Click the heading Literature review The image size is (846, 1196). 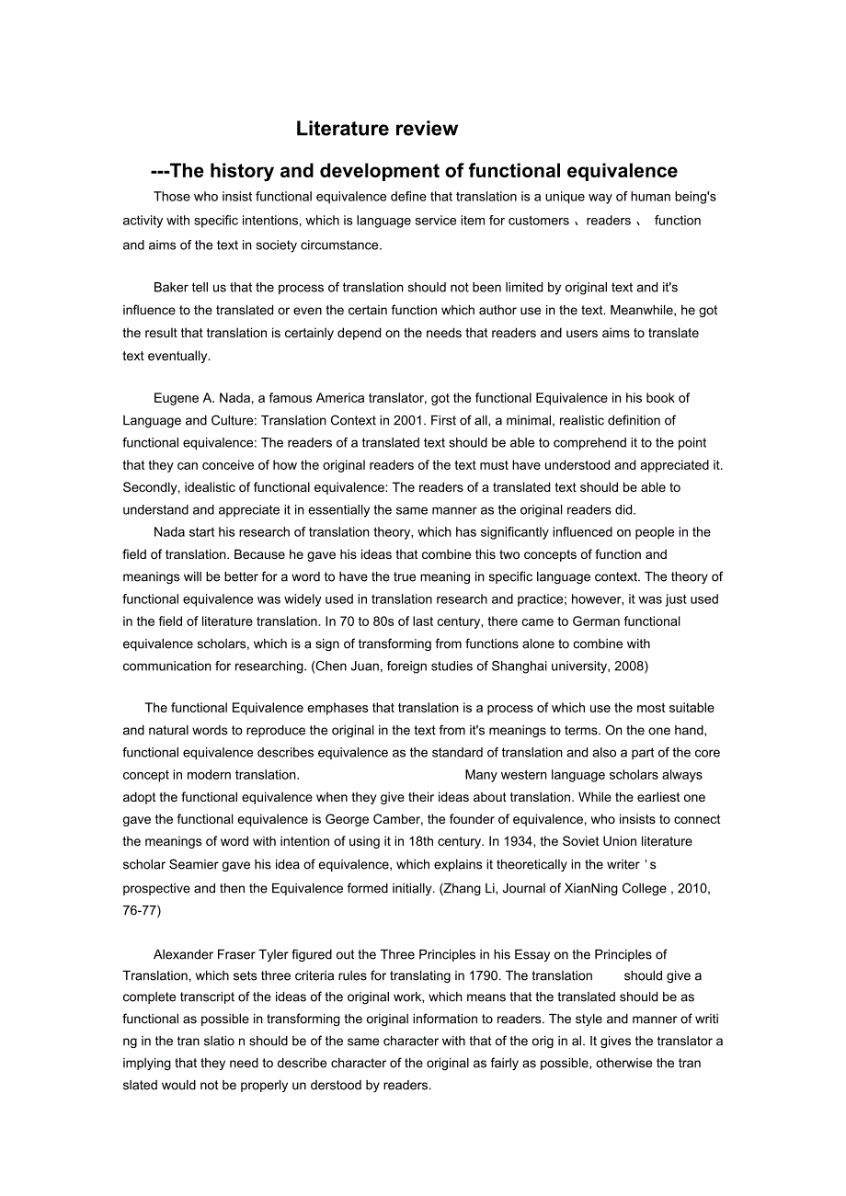pyautogui.click(x=376, y=129)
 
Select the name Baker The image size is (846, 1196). pyautogui.click(x=172, y=288)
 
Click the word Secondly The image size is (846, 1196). pyautogui.click(x=153, y=487)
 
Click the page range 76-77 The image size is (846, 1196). pyautogui.click(x=141, y=910)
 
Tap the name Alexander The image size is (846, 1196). pyautogui.click(x=186, y=954)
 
